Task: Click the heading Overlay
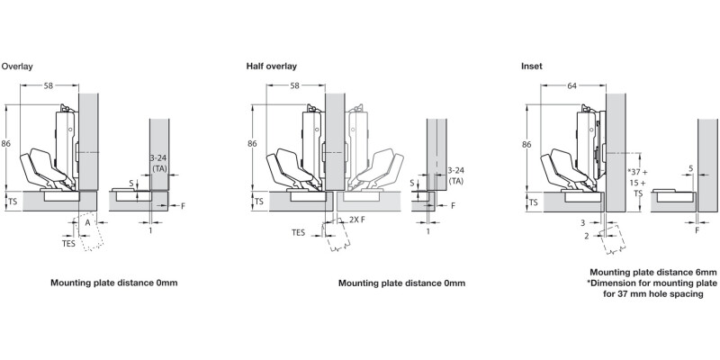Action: point(17,67)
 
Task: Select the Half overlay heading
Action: point(271,67)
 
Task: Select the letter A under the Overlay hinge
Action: point(87,220)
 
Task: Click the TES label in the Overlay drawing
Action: point(68,242)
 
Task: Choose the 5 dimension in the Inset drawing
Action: point(689,167)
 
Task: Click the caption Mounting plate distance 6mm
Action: point(652,272)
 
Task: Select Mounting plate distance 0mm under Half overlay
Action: point(401,283)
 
